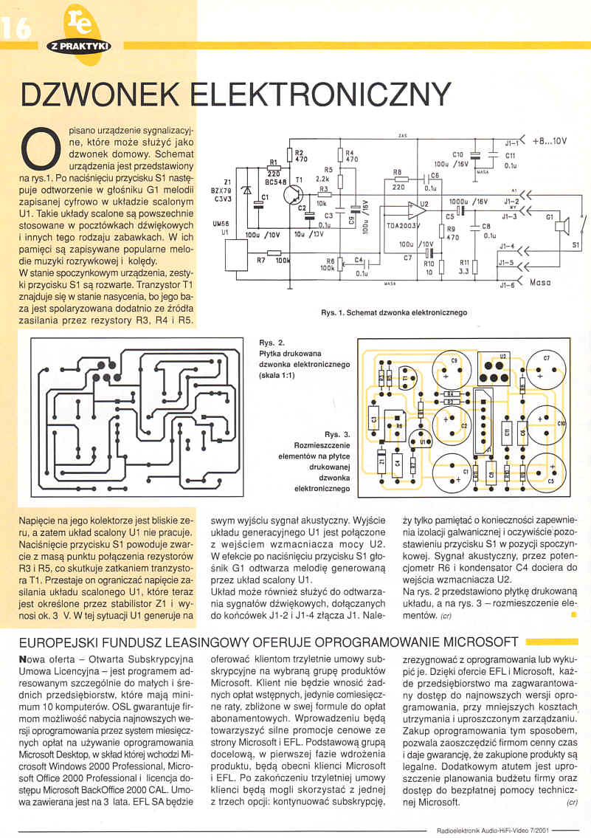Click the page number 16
click(15, 27)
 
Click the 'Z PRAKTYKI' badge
click(79, 46)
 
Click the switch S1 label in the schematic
click(576, 243)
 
